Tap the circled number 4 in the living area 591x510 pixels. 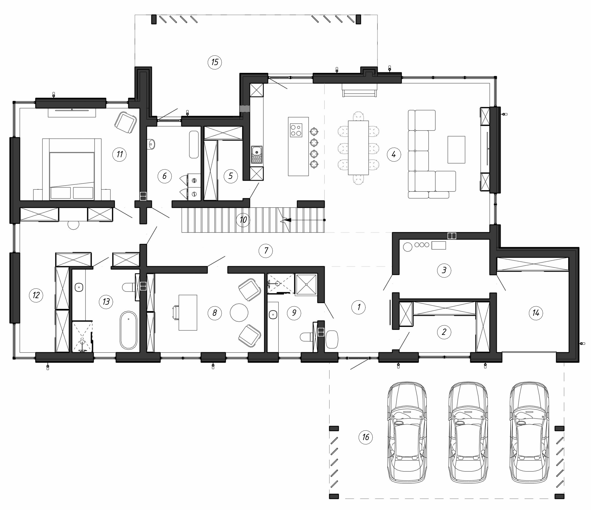click(394, 155)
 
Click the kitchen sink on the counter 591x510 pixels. click(257, 155)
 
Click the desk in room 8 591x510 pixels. click(188, 313)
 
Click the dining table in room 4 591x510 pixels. click(358, 148)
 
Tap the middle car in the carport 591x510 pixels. click(468, 432)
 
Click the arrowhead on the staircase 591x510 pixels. click(287, 220)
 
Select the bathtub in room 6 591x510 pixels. click(194, 144)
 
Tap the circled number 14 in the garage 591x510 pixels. click(536, 313)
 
